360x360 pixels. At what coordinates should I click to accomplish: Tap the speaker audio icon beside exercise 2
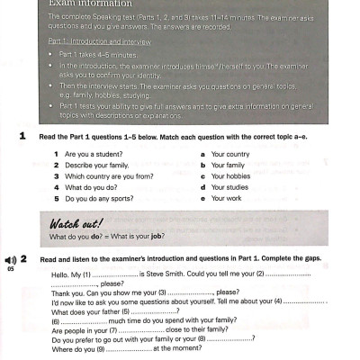pos(11,258)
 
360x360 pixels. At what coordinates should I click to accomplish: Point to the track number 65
pos(10,268)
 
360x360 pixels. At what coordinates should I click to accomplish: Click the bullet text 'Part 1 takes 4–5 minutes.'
pos(98,55)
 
